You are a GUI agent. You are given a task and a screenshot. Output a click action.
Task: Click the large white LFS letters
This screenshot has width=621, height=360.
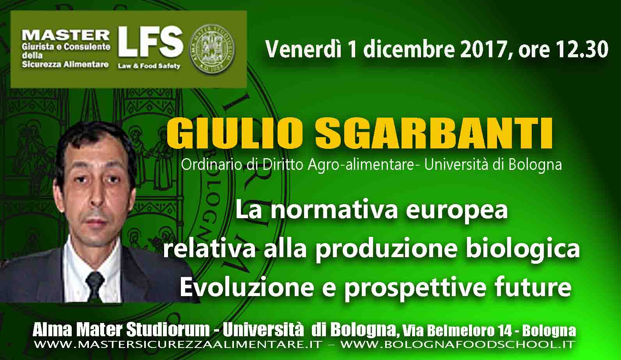click(x=150, y=42)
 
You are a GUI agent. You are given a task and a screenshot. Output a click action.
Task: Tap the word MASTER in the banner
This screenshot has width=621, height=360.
click(x=65, y=35)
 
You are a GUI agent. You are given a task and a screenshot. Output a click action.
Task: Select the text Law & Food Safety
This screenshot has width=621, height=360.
click(x=149, y=66)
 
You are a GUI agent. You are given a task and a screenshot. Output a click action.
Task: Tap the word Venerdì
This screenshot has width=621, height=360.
click(x=303, y=49)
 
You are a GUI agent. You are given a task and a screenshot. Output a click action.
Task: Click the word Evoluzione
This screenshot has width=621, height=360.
click(x=247, y=287)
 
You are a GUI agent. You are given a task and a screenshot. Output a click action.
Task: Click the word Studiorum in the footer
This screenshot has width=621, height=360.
click(x=168, y=330)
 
